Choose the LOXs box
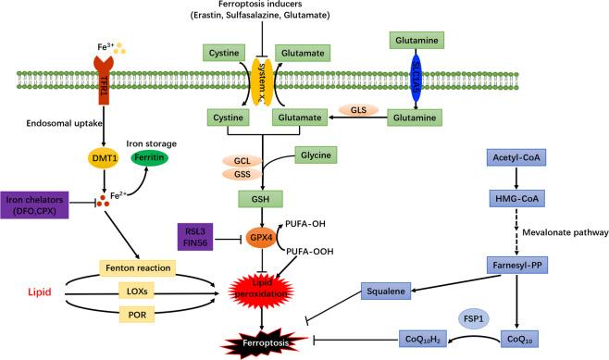[x=136, y=275]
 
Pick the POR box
[x=136, y=304]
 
